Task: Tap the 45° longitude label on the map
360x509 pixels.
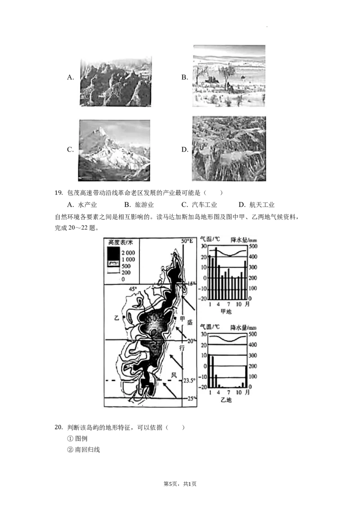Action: click(x=133, y=289)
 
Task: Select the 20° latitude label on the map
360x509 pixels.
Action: click(x=191, y=341)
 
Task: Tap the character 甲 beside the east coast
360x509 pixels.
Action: click(x=182, y=318)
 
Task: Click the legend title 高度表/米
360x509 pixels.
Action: click(x=120, y=241)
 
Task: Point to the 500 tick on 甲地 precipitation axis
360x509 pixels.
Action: click(x=253, y=246)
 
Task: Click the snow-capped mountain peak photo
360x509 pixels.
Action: click(x=115, y=149)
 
